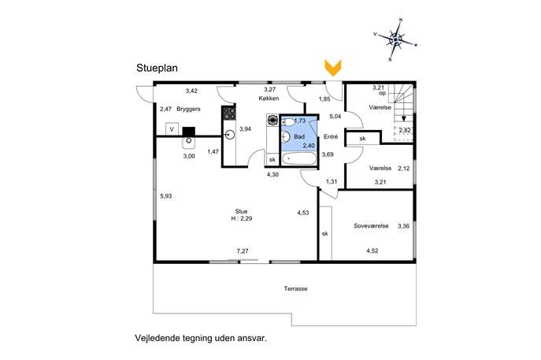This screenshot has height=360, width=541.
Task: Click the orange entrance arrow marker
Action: click(333, 68)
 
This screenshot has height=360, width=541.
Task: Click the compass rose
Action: click(395, 40)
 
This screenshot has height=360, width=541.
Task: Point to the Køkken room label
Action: click(269, 98)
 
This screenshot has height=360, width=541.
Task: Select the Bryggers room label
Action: click(188, 109)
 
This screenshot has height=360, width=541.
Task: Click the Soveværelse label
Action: click(371, 226)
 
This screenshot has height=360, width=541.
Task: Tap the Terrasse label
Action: click(295, 288)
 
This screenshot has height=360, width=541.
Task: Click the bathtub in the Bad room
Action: click(299, 159)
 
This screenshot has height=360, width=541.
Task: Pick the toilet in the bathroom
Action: click(287, 122)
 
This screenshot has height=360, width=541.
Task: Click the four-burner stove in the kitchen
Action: click(229, 113)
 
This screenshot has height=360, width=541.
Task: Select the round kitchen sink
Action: click(229, 135)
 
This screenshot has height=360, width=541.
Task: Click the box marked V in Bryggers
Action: click(172, 129)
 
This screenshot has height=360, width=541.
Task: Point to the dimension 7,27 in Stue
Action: click(243, 251)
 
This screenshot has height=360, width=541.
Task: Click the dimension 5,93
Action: click(166, 196)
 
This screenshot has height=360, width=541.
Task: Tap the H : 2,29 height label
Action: click(242, 218)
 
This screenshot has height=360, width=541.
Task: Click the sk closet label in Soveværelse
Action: click(324, 234)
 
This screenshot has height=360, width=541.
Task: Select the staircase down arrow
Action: click(403, 118)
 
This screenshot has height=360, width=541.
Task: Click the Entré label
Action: click(331, 137)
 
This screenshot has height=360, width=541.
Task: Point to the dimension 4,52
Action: click(372, 251)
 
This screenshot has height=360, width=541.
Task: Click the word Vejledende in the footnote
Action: click(157, 338)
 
